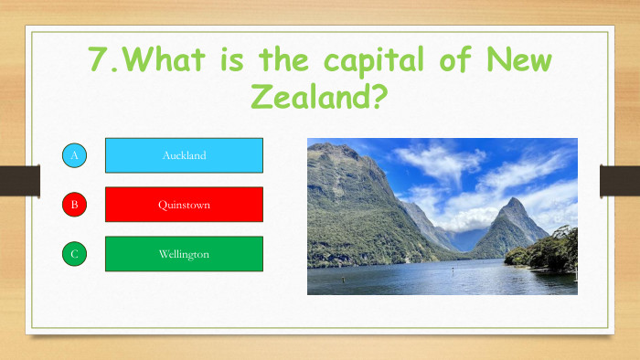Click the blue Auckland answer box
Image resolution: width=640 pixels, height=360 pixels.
pyautogui.click(x=184, y=155)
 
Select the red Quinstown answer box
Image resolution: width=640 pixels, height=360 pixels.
pyautogui.click(x=184, y=205)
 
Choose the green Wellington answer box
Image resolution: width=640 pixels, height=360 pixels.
pyautogui.click(x=184, y=254)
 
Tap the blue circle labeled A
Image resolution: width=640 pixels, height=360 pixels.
pyautogui.click(x=74, y=155)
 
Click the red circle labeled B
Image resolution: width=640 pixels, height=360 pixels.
pyautogui.click(x=74, y=205)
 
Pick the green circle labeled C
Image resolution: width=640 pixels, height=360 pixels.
pyautogui.click(x=74, y=254)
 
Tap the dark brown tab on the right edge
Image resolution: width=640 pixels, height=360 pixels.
pyautogui.click(x=619, y=181)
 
